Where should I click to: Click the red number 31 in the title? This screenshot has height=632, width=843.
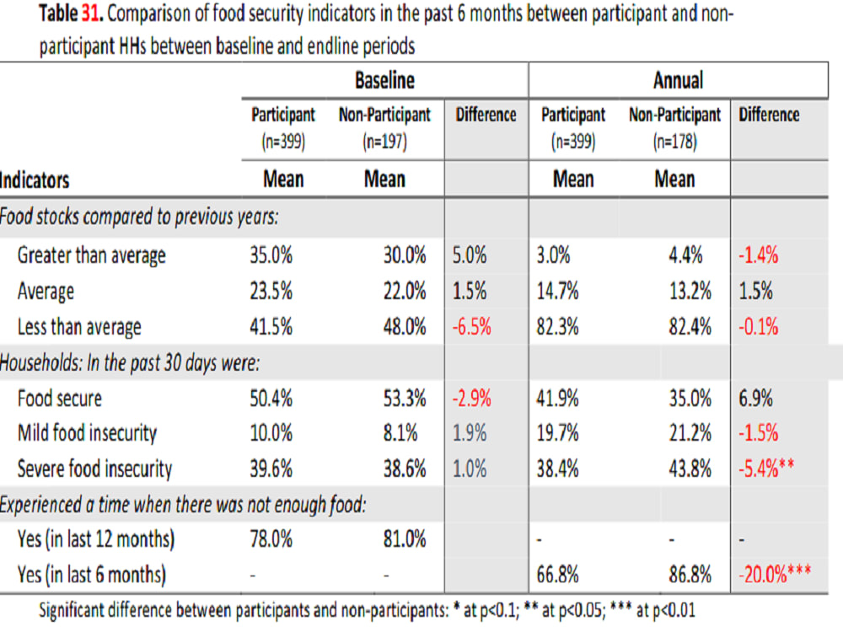(90, 13)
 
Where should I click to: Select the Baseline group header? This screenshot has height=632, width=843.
(384, 80)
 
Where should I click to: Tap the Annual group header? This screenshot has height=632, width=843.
(678, 80)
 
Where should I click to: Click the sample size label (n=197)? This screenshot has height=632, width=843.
(384, 142)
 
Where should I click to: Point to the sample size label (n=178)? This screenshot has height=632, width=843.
(674, 142)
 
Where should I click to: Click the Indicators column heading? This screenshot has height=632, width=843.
(35, 180)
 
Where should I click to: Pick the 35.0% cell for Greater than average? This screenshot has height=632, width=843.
(271, 254)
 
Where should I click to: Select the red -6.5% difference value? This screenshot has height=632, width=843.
(471, 327)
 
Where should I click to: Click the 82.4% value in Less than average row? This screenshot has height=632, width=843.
(690, 327)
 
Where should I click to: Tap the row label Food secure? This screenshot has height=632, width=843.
(60, 399)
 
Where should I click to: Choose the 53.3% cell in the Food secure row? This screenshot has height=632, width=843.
(405, 399)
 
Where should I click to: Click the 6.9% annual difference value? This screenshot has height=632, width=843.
(755, 399)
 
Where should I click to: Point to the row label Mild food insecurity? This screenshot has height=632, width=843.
(87, 433)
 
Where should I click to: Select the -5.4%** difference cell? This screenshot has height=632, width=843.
(766, 469)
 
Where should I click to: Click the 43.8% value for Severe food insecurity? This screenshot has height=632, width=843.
(690, 469)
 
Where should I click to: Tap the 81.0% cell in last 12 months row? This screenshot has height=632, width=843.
(405, 538)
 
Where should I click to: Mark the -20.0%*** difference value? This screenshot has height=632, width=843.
(775, 574)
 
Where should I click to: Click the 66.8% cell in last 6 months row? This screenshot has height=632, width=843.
(557, 575)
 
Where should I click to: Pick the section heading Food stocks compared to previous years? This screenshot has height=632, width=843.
(139, 217)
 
